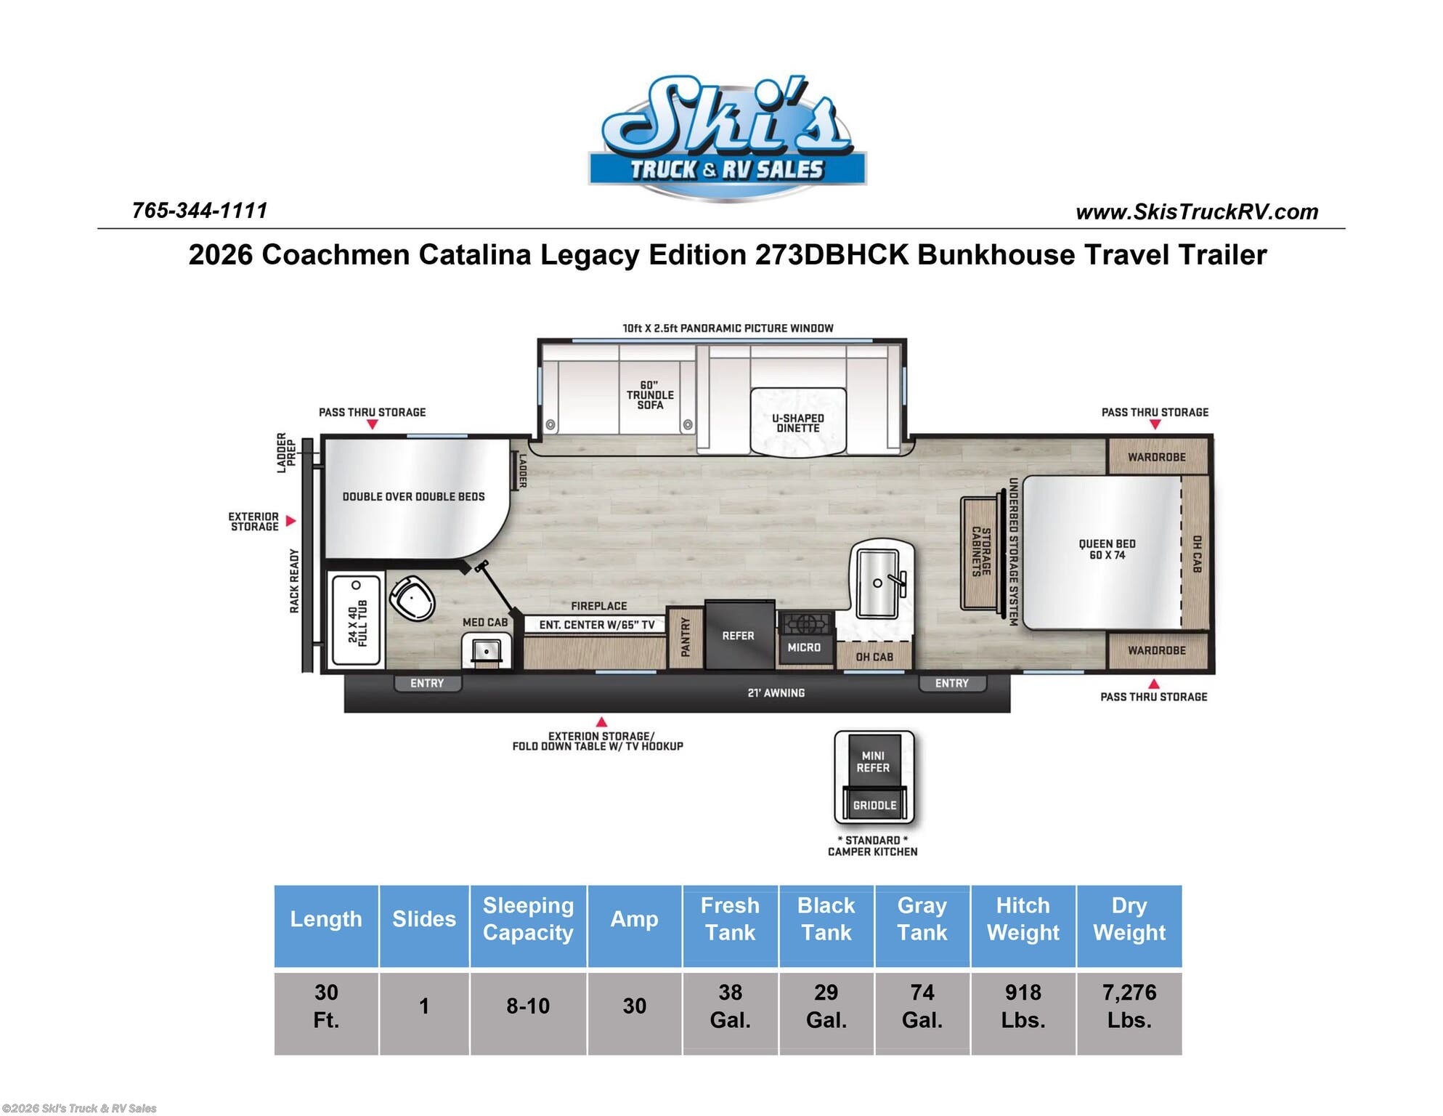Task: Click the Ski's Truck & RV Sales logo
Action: (x=727, y=136)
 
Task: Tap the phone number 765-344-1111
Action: (x=200, y=211)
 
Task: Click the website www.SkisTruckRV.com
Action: (x=1197, y=212)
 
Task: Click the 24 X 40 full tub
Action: (x=357, y=620)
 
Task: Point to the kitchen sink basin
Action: (x=877, y=583)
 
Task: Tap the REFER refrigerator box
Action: (x=739, y=636)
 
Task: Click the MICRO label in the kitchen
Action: (x=804, y=647)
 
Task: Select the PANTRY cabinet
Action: (x=685, y=637)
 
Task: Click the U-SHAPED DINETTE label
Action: (x=797, y=423)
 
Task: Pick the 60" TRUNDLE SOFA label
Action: (x=650, y=395)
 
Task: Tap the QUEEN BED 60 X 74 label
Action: (x=1107, y=549)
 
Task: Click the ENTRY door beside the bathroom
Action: (x=427, y=683)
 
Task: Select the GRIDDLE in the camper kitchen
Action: (x=874, y=805)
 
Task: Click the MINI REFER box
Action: (x=873, y=762)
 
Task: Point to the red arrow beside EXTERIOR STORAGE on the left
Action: (x=290, y=521)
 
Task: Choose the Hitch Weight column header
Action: (x=1023, y=919)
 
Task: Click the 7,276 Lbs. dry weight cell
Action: (x=1129, y=1006)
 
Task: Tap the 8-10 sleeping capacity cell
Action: (x=528, y=1006)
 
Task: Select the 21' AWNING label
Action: (x=776, y=693)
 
